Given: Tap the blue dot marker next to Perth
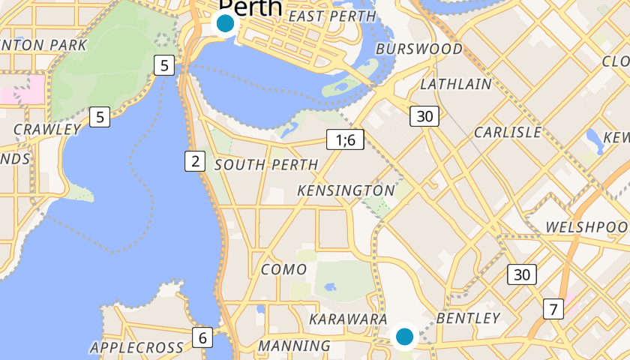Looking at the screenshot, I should point(225,23).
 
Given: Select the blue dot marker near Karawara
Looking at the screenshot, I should point(405,336).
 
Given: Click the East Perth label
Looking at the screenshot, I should point(331,16).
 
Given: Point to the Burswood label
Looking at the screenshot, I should point(419,49).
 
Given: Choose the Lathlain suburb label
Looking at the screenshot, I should point(455,84).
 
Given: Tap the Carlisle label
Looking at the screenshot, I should point(508,132).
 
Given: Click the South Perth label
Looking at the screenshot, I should point(266,164).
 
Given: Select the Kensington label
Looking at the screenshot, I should point(346,191).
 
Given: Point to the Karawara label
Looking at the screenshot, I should point(348,319).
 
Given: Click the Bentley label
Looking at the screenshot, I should point(468,318).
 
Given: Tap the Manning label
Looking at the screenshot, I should point(294,346).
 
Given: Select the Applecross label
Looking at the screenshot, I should point(136,347).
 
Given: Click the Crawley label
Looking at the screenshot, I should point(46,129).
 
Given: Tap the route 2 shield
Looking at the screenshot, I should point(195,160).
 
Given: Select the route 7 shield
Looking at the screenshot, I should point(553,308).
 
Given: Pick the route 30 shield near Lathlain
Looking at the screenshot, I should point(424,115).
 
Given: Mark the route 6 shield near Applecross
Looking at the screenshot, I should point(202,337).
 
